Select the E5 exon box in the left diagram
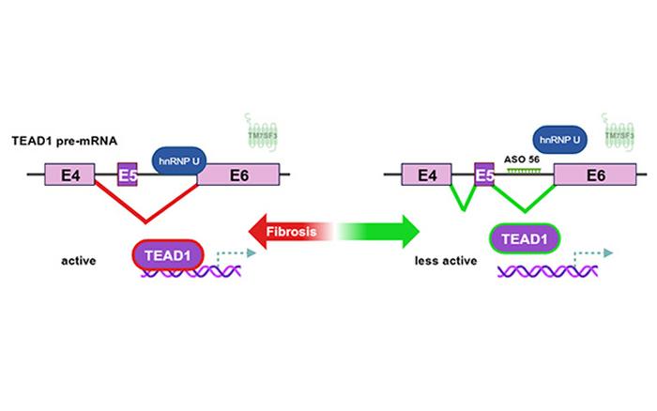pyautogui.click(x=129, y=174)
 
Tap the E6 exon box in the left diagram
pyautogui.click(x=237, y=175)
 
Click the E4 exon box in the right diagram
pyautogui.click(x=426, y=175)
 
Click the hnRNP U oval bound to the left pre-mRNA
pyautogui.click(x=175, y=160)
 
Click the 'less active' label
pyautogui.click(x=441, y=262)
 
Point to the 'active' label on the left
pyautogui.click(x=75, y=262)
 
